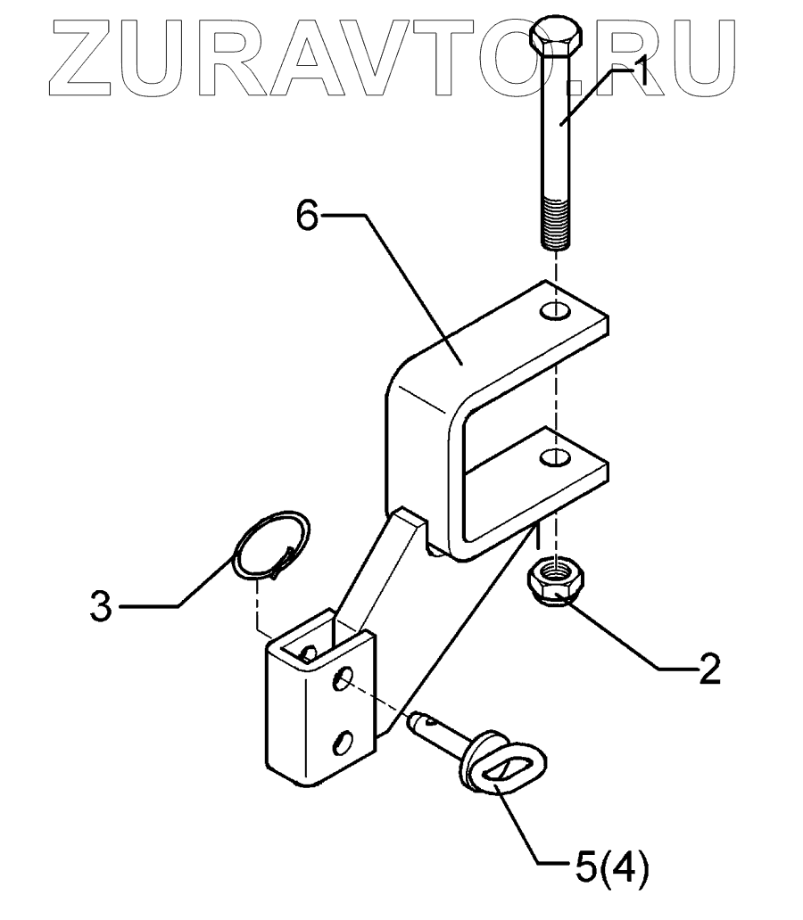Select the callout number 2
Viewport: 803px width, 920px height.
(708, 669)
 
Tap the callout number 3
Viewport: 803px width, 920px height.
(101, 608)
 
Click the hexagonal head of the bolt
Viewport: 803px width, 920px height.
(556, 38)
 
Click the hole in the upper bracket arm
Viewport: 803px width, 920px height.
(556, 311)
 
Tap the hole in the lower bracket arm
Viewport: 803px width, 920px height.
(556, 459)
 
